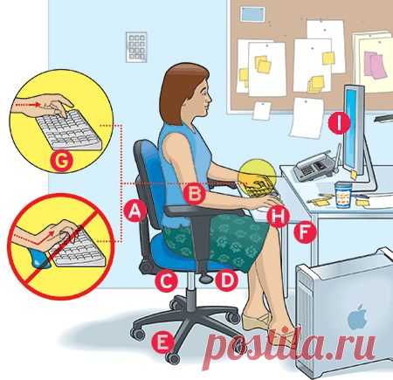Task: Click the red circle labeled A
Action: [x=134, y=211]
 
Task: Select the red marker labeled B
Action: [x=195, y=193]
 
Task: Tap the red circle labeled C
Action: [x=166, y=281]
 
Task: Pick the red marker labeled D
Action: [x=226, y=280]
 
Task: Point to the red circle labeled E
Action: [x=162, y=342]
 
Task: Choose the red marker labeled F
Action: [x=305, y=231]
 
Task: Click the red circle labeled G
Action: [x=61, y=161]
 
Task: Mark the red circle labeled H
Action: [x=279, y=216]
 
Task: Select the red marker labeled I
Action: [x=339, y=123]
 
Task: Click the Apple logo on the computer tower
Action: [x=358, y=317]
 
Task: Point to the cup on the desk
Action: [x=343, y=195]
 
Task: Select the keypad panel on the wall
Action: [x=136, y=47]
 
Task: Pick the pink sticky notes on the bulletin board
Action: [x=376, y=65]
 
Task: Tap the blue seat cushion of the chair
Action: [x=190, y=252]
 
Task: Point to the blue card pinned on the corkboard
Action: [x=252, y=14]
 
